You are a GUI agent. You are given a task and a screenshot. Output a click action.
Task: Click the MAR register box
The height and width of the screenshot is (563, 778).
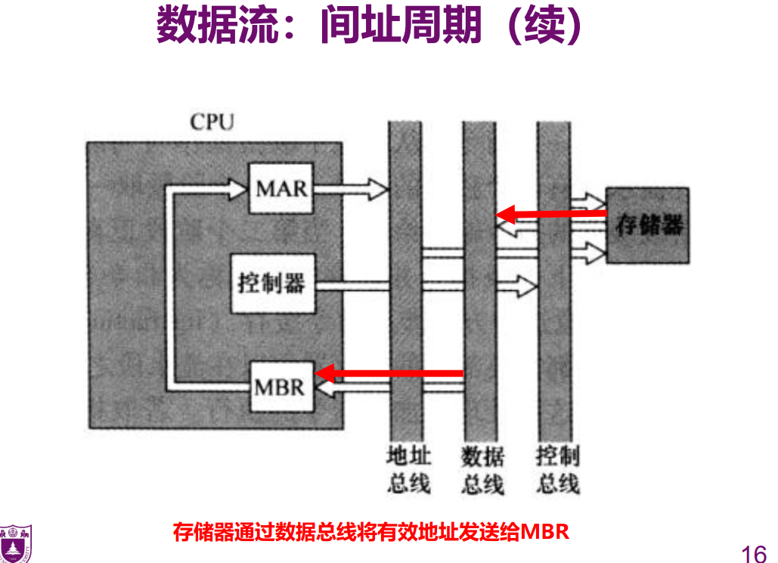coord(281,188)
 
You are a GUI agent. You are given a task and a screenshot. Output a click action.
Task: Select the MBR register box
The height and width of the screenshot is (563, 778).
coord(282,387)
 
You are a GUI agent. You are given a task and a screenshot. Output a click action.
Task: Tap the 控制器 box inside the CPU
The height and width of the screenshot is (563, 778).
coord(273,283)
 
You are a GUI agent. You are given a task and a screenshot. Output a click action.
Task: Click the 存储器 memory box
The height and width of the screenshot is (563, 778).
coord(647,225)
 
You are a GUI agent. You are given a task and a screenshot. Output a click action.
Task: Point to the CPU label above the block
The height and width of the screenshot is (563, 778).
coord(212,122)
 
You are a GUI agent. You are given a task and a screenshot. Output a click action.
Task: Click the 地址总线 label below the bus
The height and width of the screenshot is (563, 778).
coord(408,469)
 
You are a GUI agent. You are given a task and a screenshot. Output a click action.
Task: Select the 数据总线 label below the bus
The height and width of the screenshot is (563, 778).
coord(482,469)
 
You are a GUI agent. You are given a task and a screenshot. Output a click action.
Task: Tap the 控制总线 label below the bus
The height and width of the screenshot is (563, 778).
coord(557,469)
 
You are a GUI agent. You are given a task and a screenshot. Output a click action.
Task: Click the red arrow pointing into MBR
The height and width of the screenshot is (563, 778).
coord(389,373)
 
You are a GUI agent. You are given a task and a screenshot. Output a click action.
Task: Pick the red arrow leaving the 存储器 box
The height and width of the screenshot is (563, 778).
coord(551,215)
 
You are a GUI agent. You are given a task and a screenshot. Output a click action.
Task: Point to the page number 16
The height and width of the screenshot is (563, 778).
coord(754,553)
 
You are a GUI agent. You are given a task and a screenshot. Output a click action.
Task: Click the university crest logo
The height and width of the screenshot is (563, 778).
coord(16,543)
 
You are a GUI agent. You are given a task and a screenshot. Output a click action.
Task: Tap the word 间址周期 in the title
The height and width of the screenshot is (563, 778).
coord(401,24)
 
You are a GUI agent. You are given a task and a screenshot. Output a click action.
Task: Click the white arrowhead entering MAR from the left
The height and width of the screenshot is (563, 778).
coord(237,189)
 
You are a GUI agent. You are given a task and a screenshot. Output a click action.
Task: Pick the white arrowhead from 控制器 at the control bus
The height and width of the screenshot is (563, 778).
coord(527,286)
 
